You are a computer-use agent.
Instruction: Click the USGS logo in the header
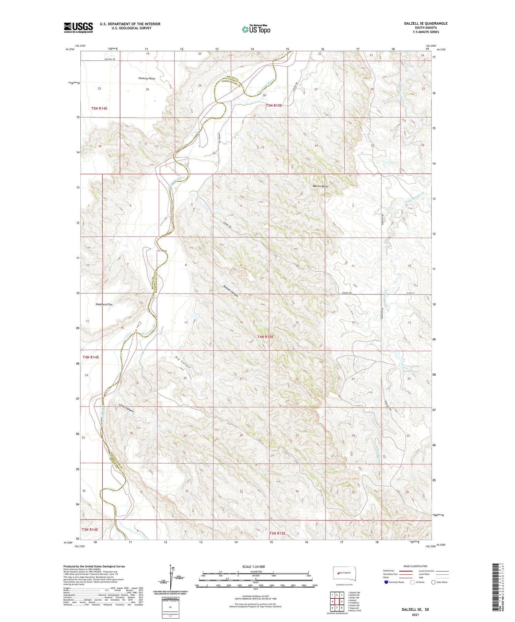pyautogui.click(x=78, y=27)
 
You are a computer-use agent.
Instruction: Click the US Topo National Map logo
pyautogui.click(x=256, y=29)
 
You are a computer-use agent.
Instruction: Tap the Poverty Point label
pyautogui.click(x=147, y=79)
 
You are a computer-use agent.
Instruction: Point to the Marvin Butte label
pyautogui.click(x=320, y=186)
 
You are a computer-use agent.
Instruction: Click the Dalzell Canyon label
pyautogui.click(x=230, y=291)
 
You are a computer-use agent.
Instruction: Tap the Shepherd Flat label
pyautogui.click(x=104, y=304)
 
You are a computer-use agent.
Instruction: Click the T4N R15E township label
pyautogui.click(x=265, y=337)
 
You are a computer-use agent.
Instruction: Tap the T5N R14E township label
pyautogui.click(x=99, y=108)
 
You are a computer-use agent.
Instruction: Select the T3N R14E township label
pyautogui.click(x=90, y=529)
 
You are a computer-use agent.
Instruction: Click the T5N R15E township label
pyautogui.click(x=274, y=105)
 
